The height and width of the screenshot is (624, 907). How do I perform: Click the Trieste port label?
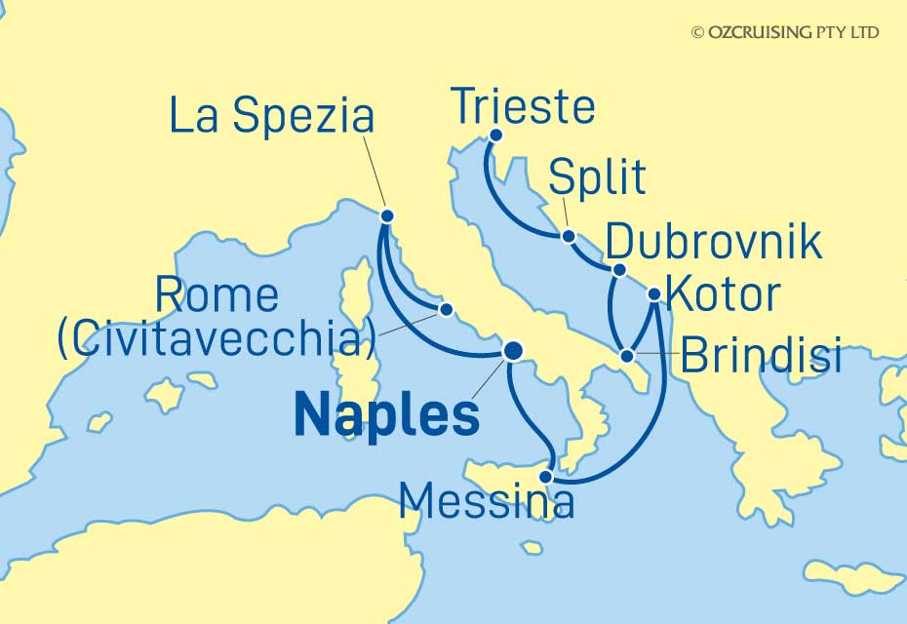[524, 106]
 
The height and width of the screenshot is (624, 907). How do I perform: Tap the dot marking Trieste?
[495, 136]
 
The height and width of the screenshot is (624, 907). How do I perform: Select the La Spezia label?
[271, 116]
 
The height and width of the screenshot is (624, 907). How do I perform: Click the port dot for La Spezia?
[387, 216]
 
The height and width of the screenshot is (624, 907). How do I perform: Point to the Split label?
[597, 177]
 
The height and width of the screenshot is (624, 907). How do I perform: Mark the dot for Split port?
[569, 235]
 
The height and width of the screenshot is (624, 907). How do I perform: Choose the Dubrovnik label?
[713, 242]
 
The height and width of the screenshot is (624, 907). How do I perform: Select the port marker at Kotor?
[654, 293]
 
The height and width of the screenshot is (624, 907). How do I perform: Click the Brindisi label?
[761, 357]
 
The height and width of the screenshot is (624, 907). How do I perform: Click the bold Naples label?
[386, 416]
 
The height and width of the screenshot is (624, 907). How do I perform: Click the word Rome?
[217, 296]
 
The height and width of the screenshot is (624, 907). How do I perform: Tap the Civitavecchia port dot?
[446, 310]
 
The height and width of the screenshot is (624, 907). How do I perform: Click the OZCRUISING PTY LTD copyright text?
[785, 32]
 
